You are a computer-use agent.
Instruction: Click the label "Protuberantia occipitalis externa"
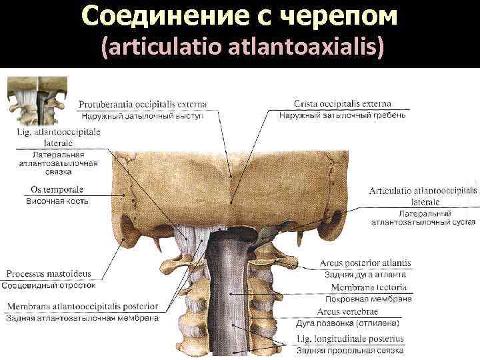pyautogui.click(x=143, y=104)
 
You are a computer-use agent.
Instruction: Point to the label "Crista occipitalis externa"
pyautogui.click(x=343, y=104)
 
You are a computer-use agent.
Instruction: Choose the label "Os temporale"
pyautogui.click(x=57, y=189)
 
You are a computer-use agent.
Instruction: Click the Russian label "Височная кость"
pyautogui.click(x=57, y=201)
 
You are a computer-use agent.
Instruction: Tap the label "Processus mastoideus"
pyautogui.click(x=49, y=274)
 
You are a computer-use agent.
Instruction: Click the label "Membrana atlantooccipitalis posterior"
pyautogui.click(x=83, y=307)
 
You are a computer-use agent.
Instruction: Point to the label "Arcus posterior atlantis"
pyautogui.click(x=365, y=263)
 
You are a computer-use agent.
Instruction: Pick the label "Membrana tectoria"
pyautogui.click(x=369, y=288)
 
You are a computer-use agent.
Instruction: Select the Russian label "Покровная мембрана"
pyautogui.click(x=369, y=299)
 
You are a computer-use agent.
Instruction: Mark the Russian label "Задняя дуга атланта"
pyautogui.click(x=365, y=275)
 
